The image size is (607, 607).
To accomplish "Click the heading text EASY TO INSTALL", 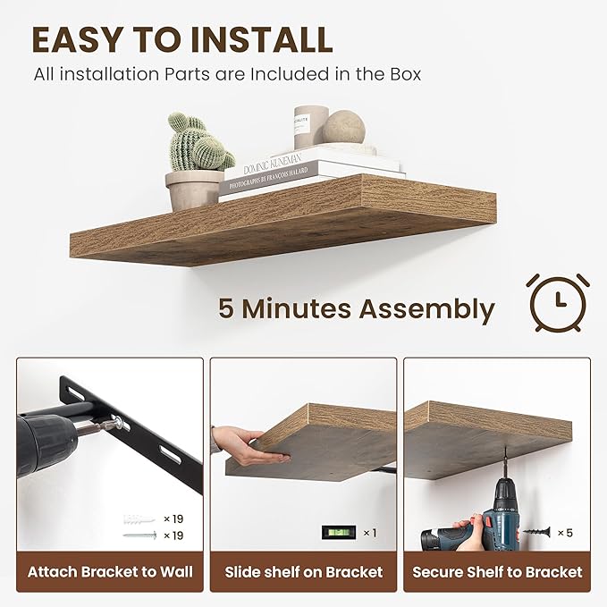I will point(182,39).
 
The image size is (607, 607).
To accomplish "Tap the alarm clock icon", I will point(557,302).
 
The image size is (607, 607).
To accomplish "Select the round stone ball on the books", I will point(344,127).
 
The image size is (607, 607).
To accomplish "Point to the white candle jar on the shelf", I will point(310,126).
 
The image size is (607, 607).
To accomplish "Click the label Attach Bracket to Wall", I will point(110,572).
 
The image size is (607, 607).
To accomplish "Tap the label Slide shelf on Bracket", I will point(303,572).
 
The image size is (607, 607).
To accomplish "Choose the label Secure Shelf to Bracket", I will point(496,572).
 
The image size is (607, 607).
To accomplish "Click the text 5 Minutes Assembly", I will point(356,309).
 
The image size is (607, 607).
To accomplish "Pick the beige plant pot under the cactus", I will point(193,190).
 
